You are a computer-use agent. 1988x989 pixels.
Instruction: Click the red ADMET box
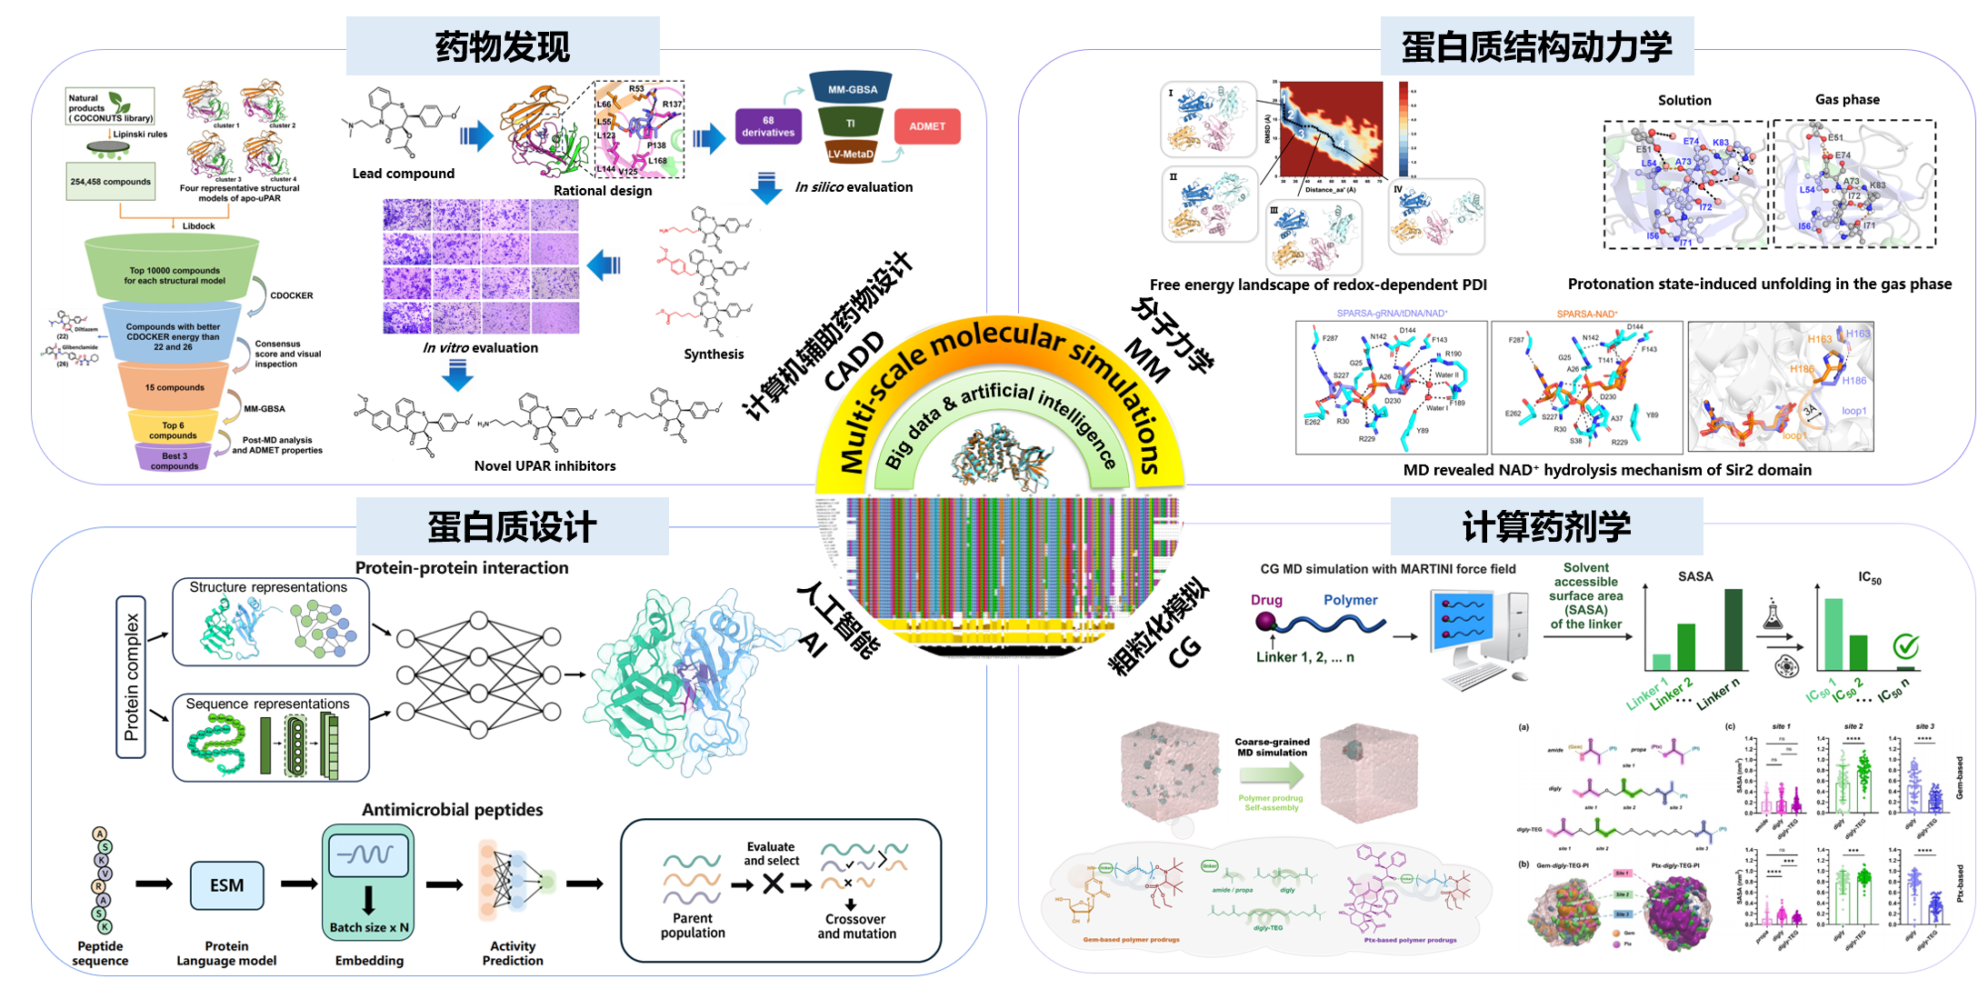927,126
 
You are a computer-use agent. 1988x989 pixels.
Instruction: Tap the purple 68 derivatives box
768,126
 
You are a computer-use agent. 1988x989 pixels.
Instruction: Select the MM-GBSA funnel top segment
852,89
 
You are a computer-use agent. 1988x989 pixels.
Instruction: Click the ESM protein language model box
227,885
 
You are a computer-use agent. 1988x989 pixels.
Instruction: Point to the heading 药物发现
503,46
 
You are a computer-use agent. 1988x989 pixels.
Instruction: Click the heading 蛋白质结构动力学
1536,46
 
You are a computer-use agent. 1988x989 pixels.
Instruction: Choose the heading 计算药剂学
1546,526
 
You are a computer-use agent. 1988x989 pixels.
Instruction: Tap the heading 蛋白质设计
512,527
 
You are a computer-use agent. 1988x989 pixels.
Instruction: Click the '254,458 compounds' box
110,182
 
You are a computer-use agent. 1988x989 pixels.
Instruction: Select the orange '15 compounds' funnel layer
175,387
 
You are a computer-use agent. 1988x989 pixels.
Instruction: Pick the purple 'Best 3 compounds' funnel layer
174,460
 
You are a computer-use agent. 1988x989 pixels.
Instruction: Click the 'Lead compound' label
404,174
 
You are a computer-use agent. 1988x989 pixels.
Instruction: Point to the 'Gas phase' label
1847,99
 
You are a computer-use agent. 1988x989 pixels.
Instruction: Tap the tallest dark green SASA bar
1733,630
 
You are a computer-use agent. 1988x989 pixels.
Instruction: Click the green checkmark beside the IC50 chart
1905,647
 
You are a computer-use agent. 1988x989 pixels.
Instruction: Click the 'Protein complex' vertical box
131,676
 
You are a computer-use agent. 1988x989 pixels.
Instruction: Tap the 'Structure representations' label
268,587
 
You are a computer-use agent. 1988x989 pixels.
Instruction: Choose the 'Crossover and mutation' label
856,926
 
